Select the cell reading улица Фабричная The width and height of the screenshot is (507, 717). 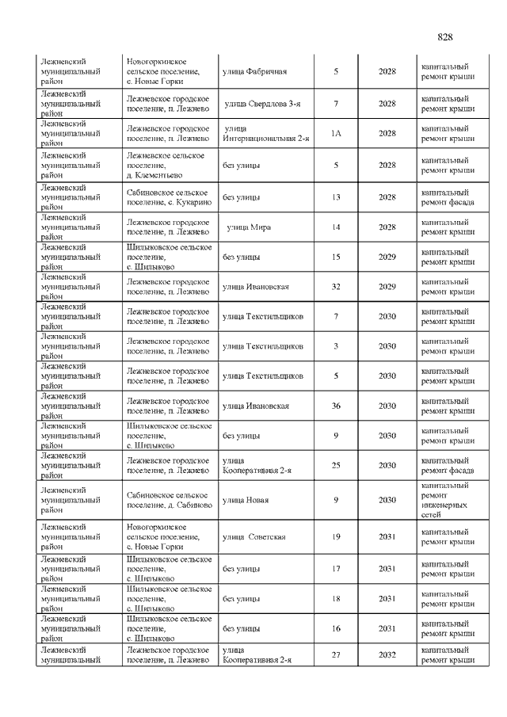[253, 72]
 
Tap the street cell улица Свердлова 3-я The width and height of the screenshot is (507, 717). [261, 104]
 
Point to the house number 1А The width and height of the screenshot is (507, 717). [335, 134]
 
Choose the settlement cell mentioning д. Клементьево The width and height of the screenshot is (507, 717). [166, 165]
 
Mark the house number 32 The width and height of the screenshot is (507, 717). [335, 287]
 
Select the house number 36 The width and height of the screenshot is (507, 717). [335, 406]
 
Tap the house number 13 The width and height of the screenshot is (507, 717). [335, 197]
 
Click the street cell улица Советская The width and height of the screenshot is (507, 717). [253, 537]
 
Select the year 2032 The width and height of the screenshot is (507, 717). [387, 655]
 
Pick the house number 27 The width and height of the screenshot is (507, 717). [335, 655]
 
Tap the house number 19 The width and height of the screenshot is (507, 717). [335, 537]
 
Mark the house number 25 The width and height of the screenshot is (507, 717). [335, 466]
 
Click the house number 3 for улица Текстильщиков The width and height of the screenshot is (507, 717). [335, 346]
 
